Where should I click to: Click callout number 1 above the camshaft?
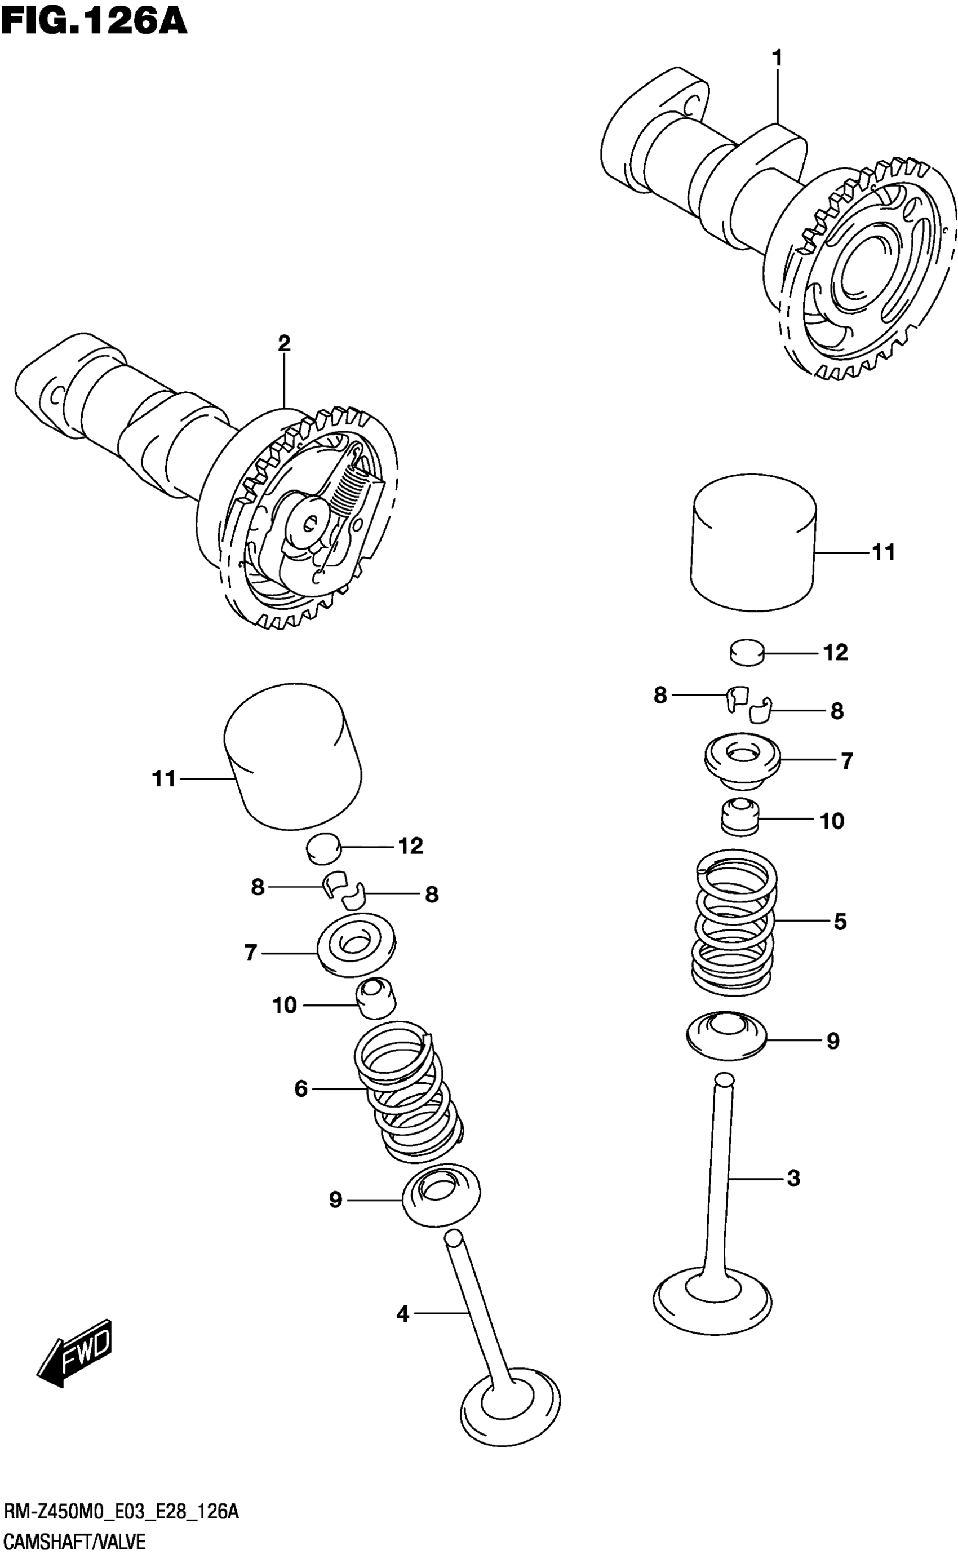click(x=777, y=59)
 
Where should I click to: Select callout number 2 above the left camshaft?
click(x=284, y=343)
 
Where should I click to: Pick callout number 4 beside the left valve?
click(x=403, y=1314)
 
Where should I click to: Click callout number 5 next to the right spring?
click(x=840, y=921)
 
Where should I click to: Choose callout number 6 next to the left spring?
click(x=301, y=1089)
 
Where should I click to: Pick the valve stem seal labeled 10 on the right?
click(x=740, y=817)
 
